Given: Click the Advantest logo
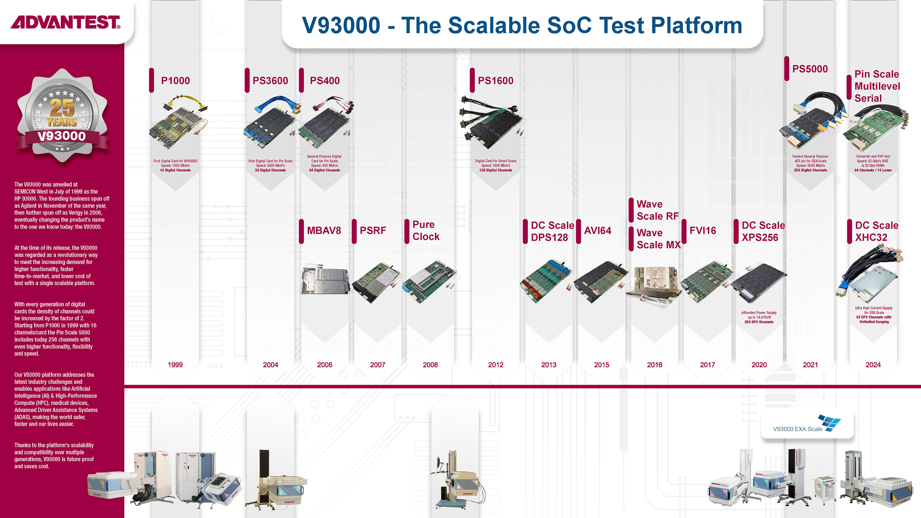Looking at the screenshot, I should coord(66,22).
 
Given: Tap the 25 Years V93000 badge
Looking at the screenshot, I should coord(62,116).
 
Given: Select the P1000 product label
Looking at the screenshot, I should coord(175,81).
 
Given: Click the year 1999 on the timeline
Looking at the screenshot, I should coord(175,365).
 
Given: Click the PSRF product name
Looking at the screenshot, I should coord(373,231).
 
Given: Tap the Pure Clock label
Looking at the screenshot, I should coord(426,231).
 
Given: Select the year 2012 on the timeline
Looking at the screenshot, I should coord(495,365).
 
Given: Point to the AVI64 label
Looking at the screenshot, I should coord(598,231).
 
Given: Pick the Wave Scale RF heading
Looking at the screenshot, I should coord(658,210).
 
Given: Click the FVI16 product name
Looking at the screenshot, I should coord(703,231).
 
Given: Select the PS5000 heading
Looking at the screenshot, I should coord(810,69).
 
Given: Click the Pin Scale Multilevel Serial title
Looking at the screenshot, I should coord(877,86).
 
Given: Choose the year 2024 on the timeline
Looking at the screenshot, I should coord(873,365).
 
